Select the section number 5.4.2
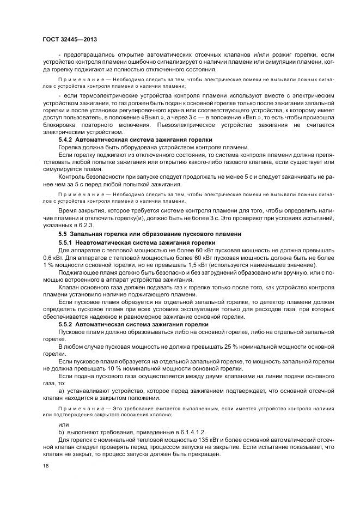(x=67, y=140)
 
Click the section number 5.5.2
(x=68, y=324)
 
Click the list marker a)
(x=61, y=391)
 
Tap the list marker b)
(x=61, y=431)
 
